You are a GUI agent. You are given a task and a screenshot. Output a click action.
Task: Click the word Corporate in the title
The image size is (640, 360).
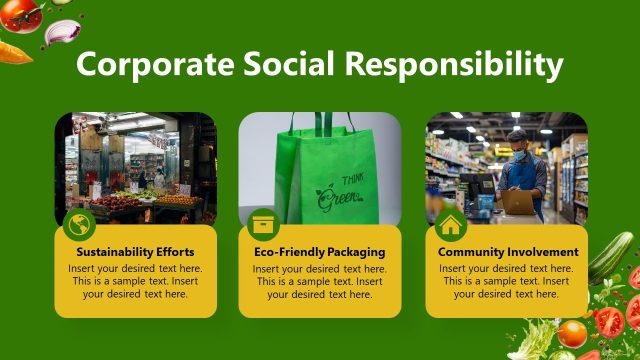(x=154, y=64)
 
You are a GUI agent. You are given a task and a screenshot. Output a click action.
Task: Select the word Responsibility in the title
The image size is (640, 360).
(x=454, y=64)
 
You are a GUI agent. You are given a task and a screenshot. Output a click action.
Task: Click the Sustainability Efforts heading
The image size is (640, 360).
(x=135, y=252)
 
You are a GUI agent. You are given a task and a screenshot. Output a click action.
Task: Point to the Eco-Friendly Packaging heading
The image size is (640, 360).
(x=319, y=252)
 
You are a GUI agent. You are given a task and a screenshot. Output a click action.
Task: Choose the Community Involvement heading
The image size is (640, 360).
(x=508, y=252)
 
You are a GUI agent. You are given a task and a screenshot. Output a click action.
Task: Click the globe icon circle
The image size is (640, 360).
(x=79, y=224)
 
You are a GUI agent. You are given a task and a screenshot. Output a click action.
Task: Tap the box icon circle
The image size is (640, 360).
(x=263, y=224)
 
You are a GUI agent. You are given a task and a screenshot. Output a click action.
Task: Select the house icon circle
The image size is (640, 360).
(x=450, y=224)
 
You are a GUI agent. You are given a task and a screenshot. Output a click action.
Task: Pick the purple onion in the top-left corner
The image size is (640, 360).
(x=62, y=31)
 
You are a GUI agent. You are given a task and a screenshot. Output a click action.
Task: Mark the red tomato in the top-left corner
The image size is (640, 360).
(x=20, y=14)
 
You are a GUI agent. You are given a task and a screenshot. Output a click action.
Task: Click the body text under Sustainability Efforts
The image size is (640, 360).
(x=135, y=281)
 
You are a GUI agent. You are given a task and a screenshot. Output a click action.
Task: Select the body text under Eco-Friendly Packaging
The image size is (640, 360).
(x=319, y=281)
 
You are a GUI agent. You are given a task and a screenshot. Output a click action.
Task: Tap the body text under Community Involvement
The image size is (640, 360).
(x=508, y=281)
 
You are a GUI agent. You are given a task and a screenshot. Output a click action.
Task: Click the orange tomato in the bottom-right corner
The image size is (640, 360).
(x=572, y=333)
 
